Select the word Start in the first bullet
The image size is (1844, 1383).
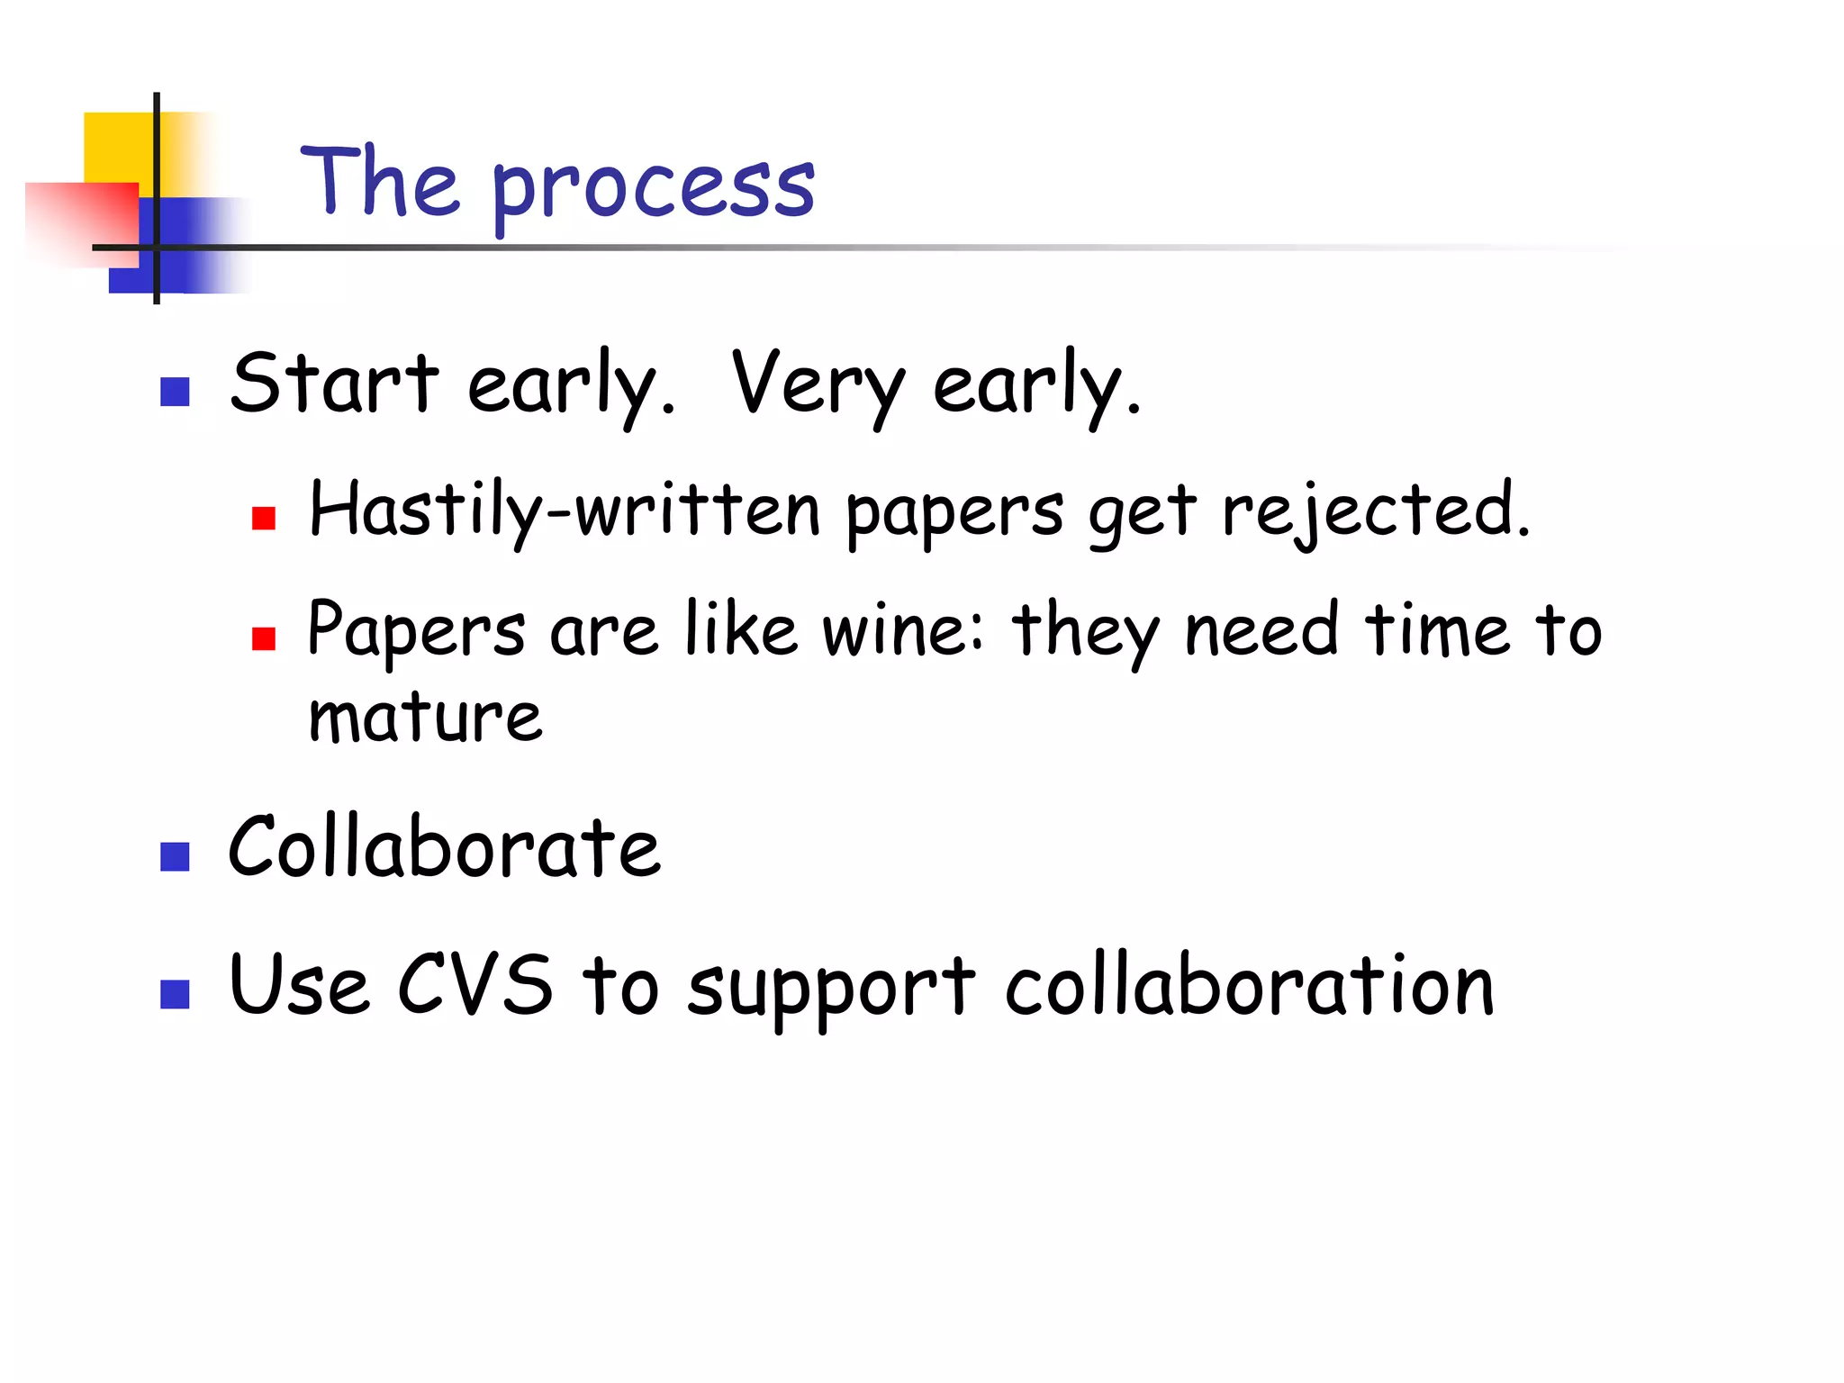point(334,384)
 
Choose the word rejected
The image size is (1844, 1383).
point(1375,511)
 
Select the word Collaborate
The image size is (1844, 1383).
point(445,848)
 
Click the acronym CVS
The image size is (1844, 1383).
point(475,985)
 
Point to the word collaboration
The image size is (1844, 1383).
point(1250,985)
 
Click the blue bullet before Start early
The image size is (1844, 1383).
point(175,392)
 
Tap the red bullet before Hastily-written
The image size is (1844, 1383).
point(263,519)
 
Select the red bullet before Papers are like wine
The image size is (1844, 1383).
point(263,638)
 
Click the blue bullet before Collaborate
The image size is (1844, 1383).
point(175,856)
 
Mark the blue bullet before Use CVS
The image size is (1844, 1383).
point(175,994)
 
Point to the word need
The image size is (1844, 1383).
point(1261,629)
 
